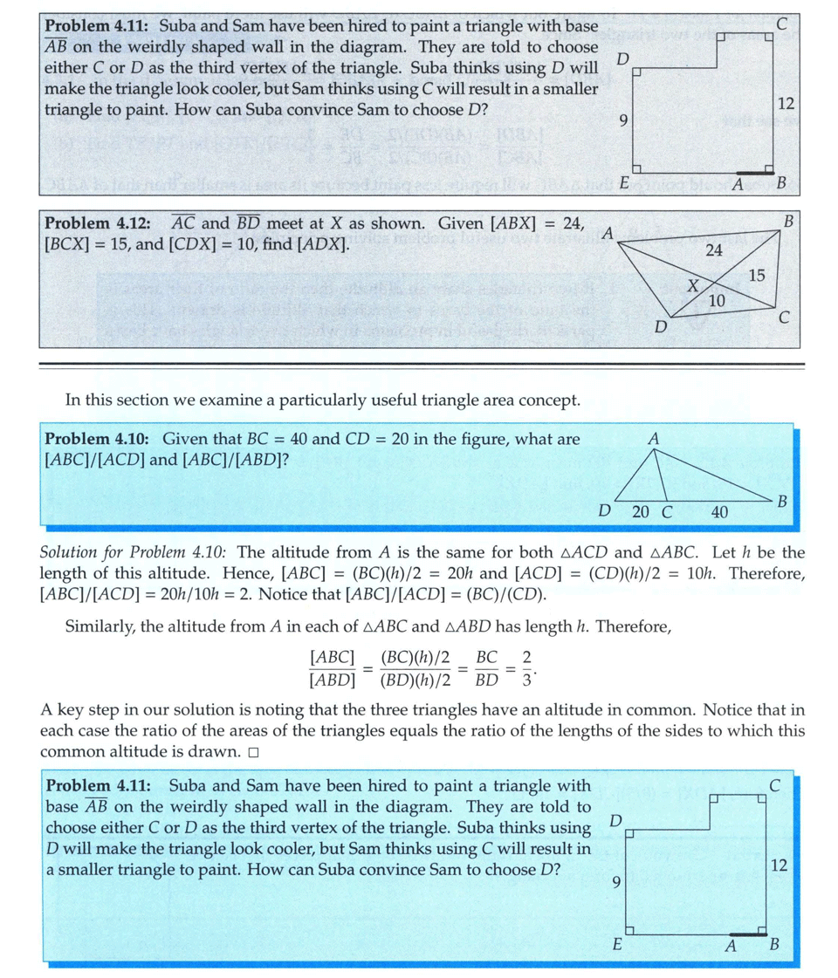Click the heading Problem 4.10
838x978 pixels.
click(x=96, y=439)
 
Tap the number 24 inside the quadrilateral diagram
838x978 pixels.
click(x=713, y=250)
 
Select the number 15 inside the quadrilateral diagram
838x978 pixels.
click(x=756, y=276)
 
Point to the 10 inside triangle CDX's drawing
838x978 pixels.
click(x=716, y=300)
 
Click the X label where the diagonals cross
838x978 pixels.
click(x=692, y=285)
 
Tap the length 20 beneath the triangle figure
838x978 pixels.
click(x=640, y=512)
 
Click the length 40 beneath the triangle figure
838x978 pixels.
click(x=718, y=512)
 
